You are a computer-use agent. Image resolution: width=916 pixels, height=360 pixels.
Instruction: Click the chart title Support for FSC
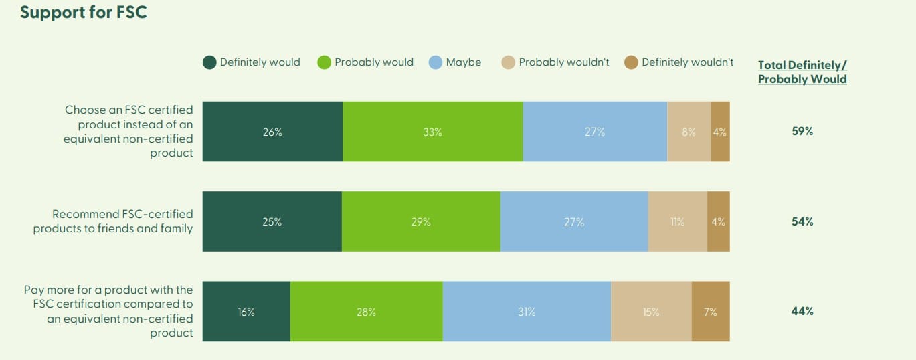coord(83,13)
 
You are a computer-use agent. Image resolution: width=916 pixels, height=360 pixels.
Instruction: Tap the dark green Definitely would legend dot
coord(209,63)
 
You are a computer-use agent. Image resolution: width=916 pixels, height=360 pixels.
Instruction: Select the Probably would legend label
coord(373,62)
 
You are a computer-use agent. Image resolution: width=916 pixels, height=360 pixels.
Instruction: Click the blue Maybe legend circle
coord(436,63)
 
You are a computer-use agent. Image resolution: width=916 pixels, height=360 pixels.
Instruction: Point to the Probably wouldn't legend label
coord(563,62)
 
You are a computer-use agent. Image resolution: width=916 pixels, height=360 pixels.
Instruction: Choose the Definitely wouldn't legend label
coord(687,62)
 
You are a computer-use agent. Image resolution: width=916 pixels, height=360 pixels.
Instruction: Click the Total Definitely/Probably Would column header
coord(802,72)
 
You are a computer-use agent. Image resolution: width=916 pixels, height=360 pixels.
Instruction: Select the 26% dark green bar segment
coord(272,132)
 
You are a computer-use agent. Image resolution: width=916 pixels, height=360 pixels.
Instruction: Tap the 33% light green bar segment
coord(432,132)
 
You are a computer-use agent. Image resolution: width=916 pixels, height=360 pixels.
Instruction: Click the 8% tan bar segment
coord(689,132)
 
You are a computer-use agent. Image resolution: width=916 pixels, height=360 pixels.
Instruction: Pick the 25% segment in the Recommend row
coord(272,221)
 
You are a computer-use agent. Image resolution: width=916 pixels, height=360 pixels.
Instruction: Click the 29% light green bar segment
coord(421,221)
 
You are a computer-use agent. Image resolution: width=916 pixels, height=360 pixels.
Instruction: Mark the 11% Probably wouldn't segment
coord(677,221)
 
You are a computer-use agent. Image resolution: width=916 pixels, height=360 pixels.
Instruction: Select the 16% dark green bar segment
coord(246,312)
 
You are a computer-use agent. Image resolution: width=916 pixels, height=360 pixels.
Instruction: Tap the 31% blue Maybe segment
coord(527,312)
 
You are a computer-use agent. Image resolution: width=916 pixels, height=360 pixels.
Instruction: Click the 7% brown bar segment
coord(710,312)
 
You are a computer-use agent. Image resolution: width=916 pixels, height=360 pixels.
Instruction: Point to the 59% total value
coord(802,132)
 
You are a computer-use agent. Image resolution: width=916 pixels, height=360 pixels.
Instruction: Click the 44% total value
coord(802,311)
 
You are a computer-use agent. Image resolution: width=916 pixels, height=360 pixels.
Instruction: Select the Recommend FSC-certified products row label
coord(113,221)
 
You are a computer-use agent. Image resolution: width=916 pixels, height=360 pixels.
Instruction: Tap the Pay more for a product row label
coord(108,311)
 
